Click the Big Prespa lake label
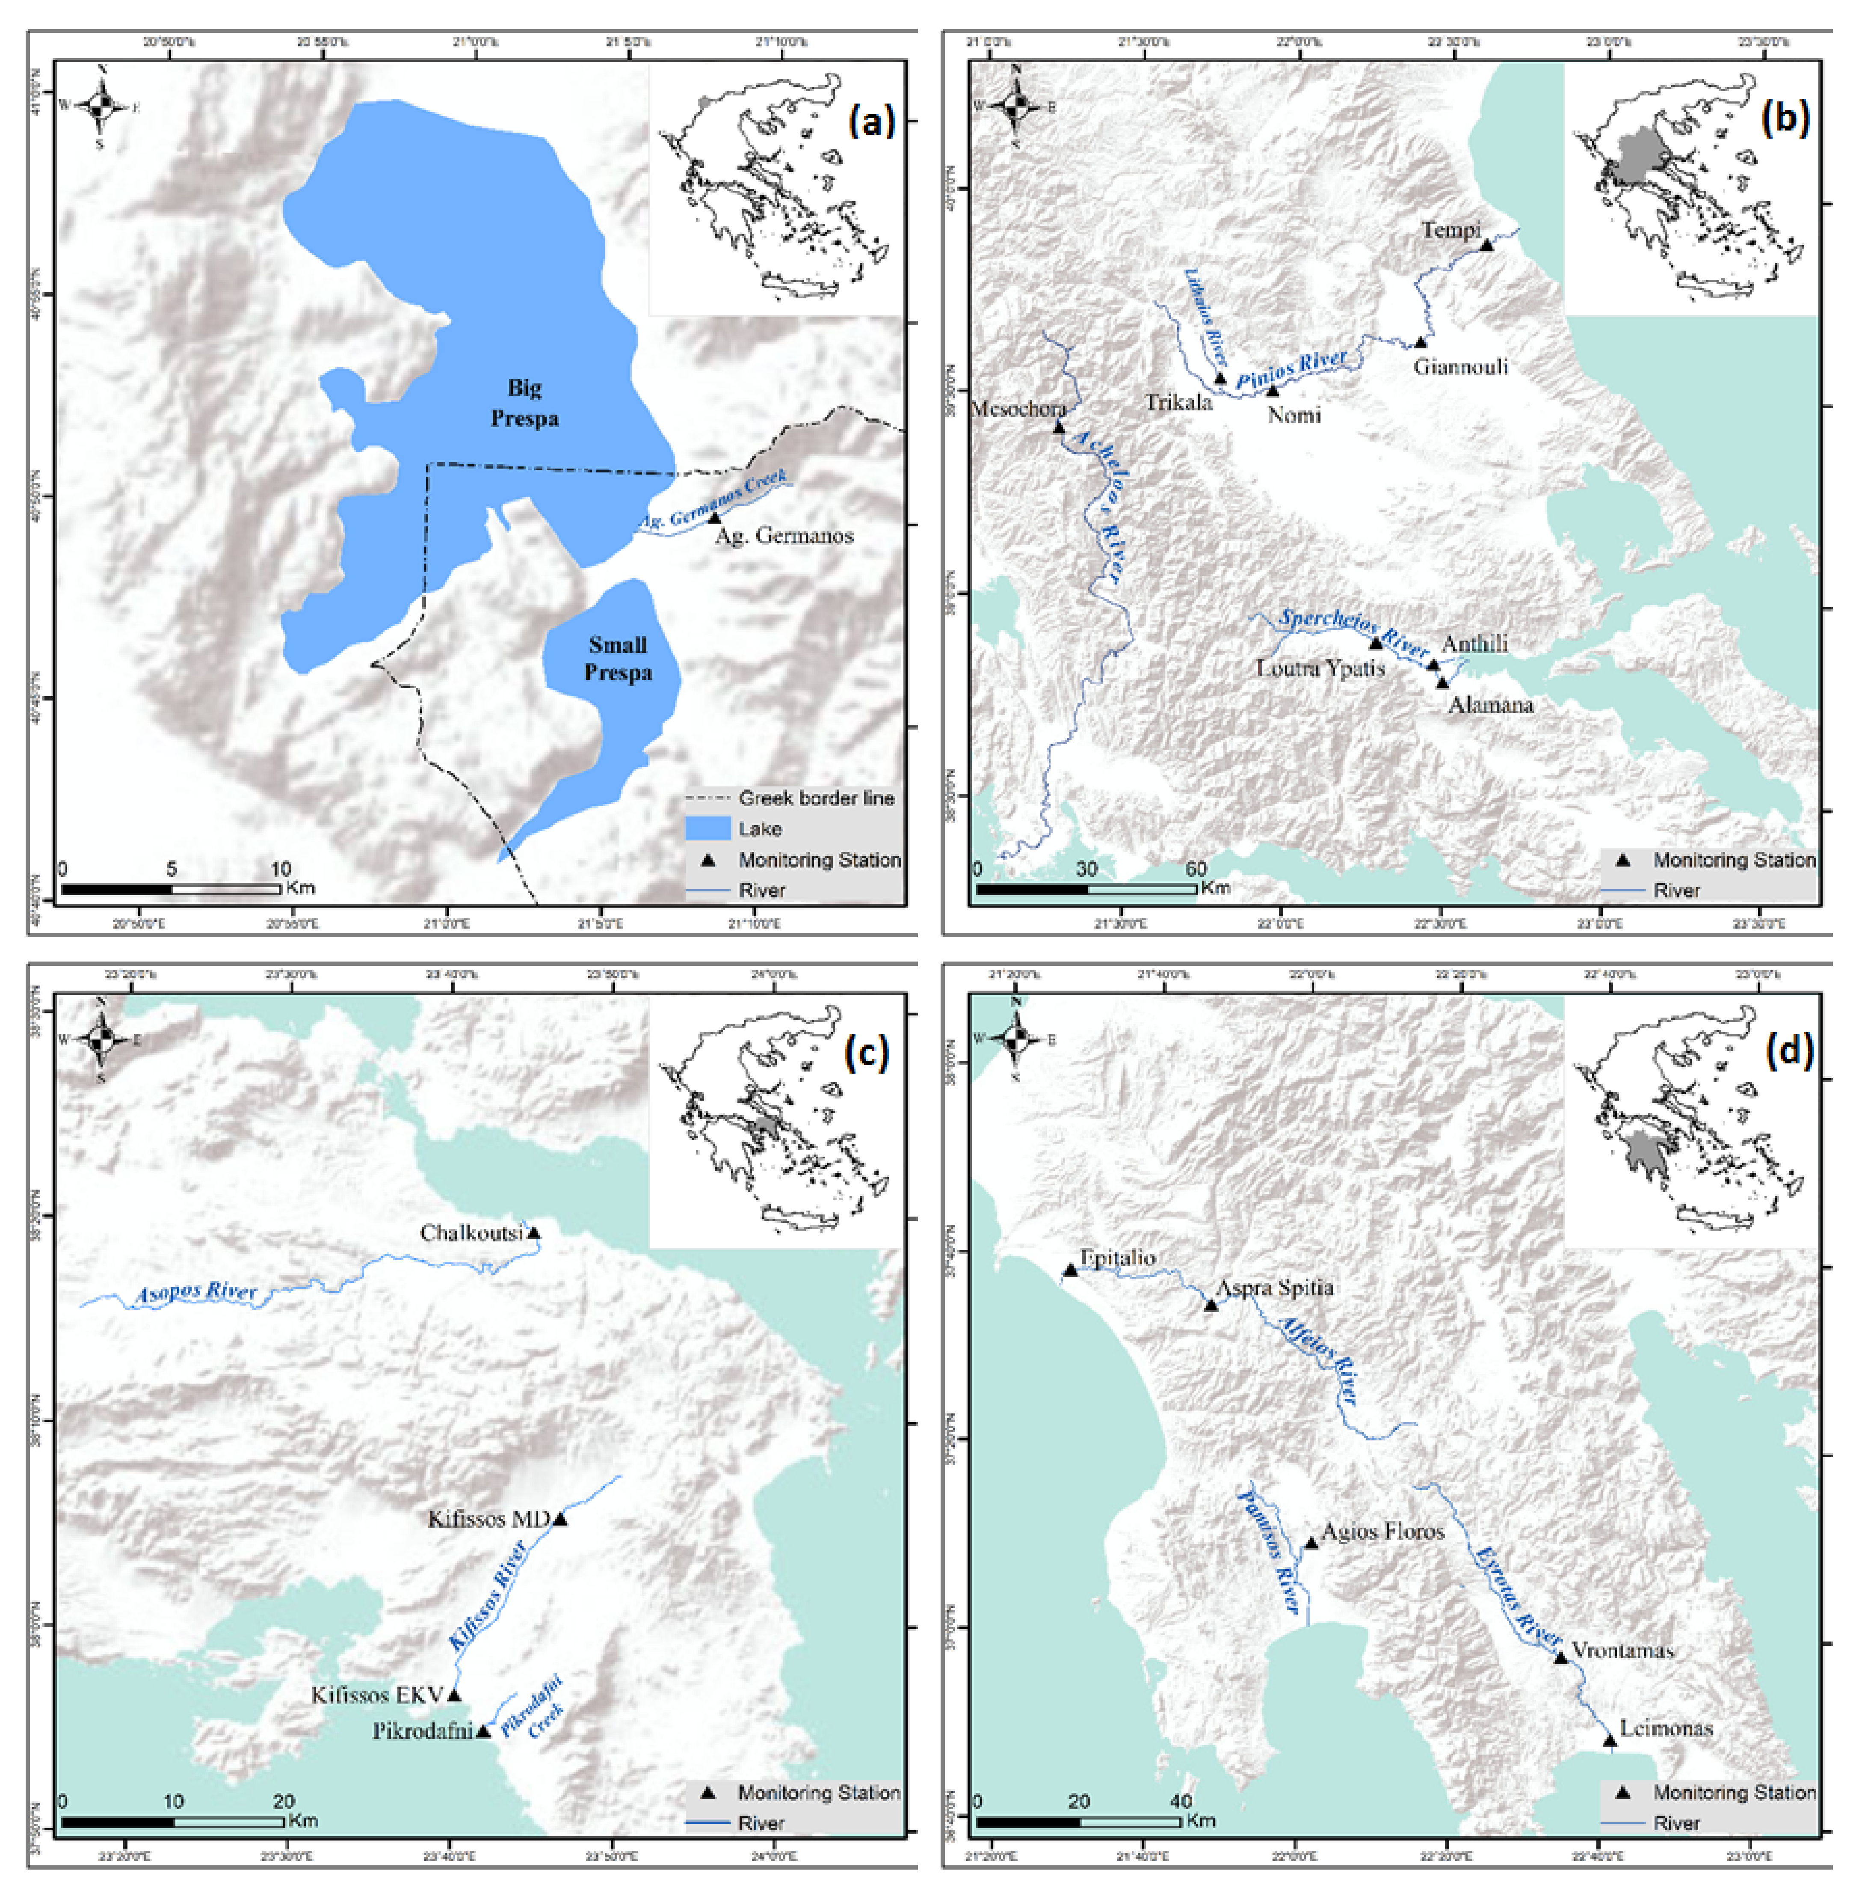[x=524, y=403]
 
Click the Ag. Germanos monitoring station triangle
[x=714, y=517]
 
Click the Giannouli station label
[x=1460, y=367]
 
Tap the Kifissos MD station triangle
[x=559, y=1518]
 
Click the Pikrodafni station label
[x=422, y=1731]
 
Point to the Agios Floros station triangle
[x=1311, y=1543]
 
